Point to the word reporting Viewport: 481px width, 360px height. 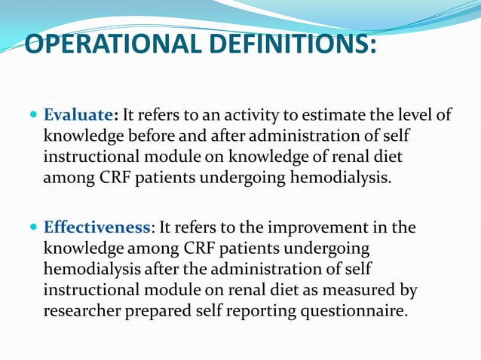point(251,311)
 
